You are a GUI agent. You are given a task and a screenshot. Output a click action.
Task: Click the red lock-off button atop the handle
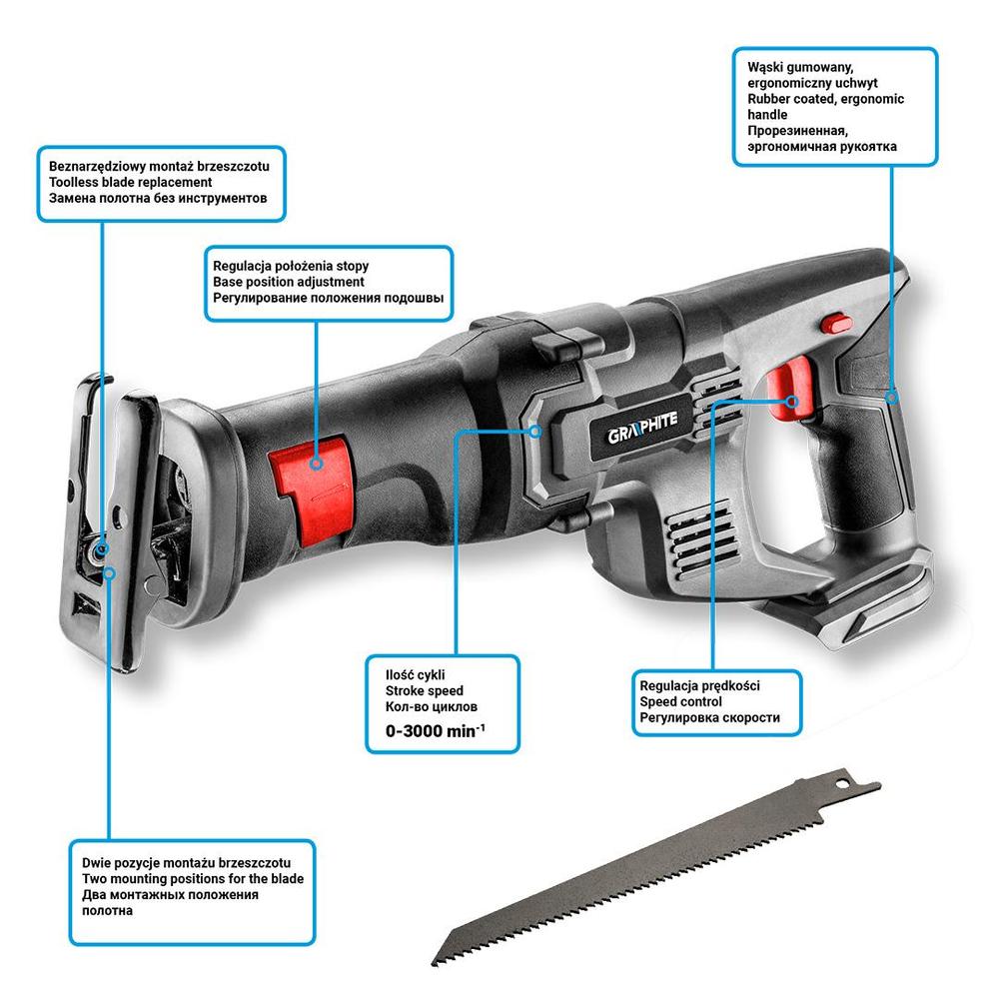tap(835, 323)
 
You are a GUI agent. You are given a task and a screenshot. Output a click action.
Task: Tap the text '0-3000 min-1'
tap(436, 730)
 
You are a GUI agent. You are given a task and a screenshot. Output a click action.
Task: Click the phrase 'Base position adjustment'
tap(289, 283)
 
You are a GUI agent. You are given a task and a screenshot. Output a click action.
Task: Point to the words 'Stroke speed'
tap(424, 690)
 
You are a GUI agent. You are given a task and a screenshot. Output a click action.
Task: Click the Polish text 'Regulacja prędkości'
tap(701, 686)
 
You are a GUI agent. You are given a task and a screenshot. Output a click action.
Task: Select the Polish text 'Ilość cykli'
tap(417, 673)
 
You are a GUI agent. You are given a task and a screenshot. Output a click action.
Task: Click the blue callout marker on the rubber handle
tap(891, 398)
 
